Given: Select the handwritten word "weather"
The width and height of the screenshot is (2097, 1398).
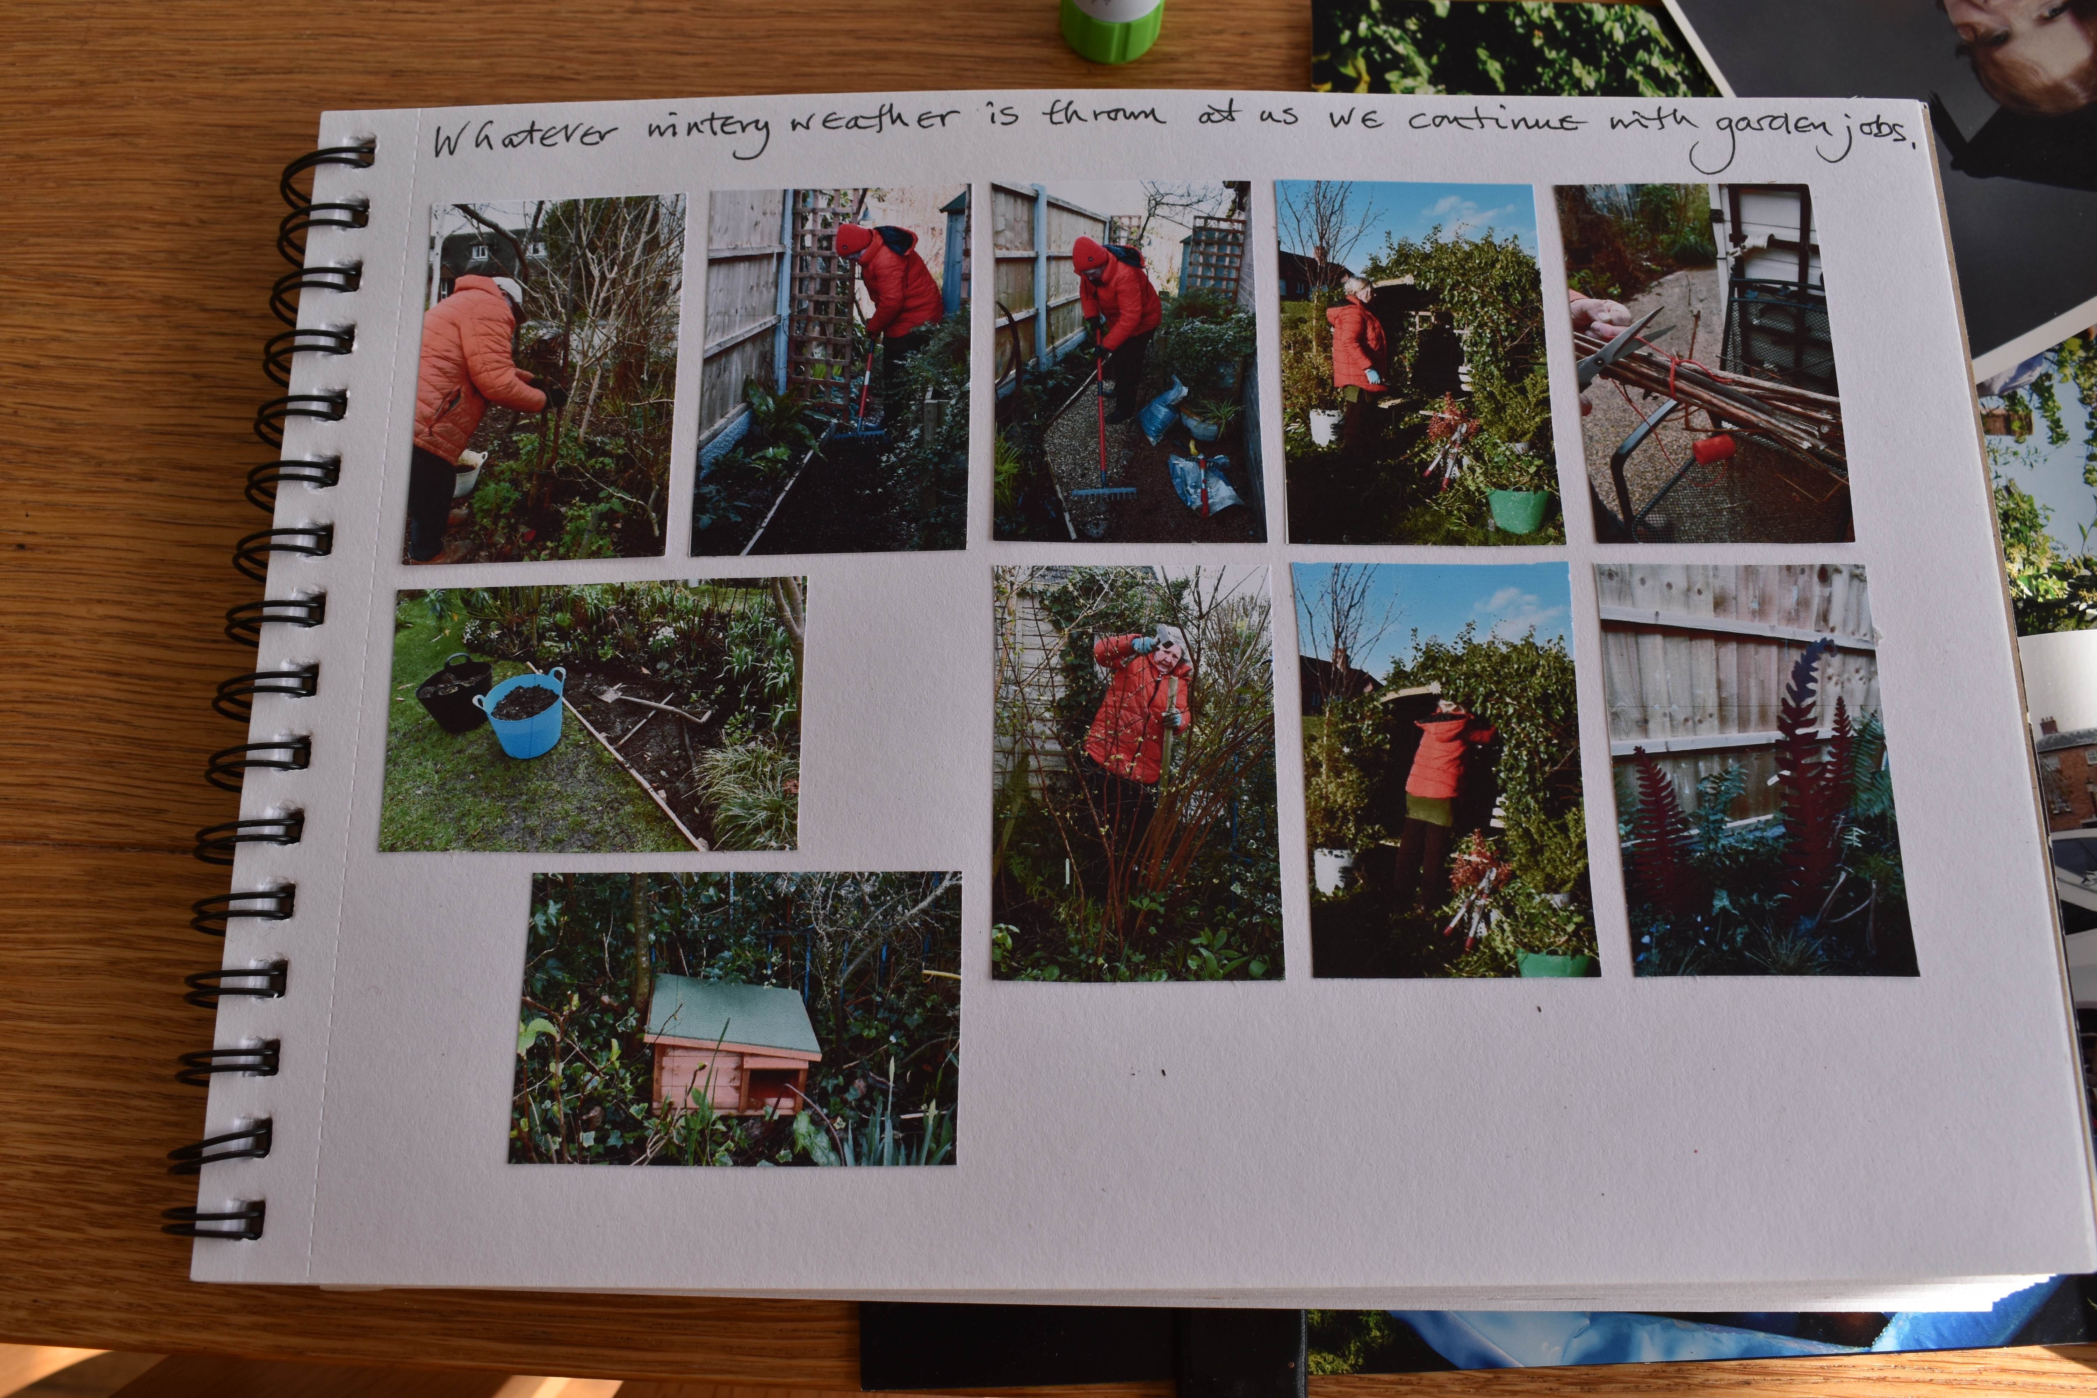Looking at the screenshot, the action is click(x=874, y=122).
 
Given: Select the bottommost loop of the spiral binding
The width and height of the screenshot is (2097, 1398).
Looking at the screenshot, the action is click(x=214, y=1219).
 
